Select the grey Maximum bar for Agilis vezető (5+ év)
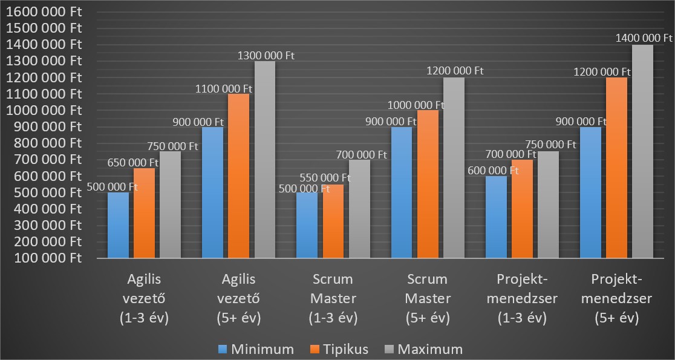(264, 160)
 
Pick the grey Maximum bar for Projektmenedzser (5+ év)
(642, 151)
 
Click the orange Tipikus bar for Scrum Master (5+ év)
(427, 184)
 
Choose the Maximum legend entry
(423, 349)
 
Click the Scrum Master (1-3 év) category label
(333, 298)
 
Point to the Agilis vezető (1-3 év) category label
(145, 298)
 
